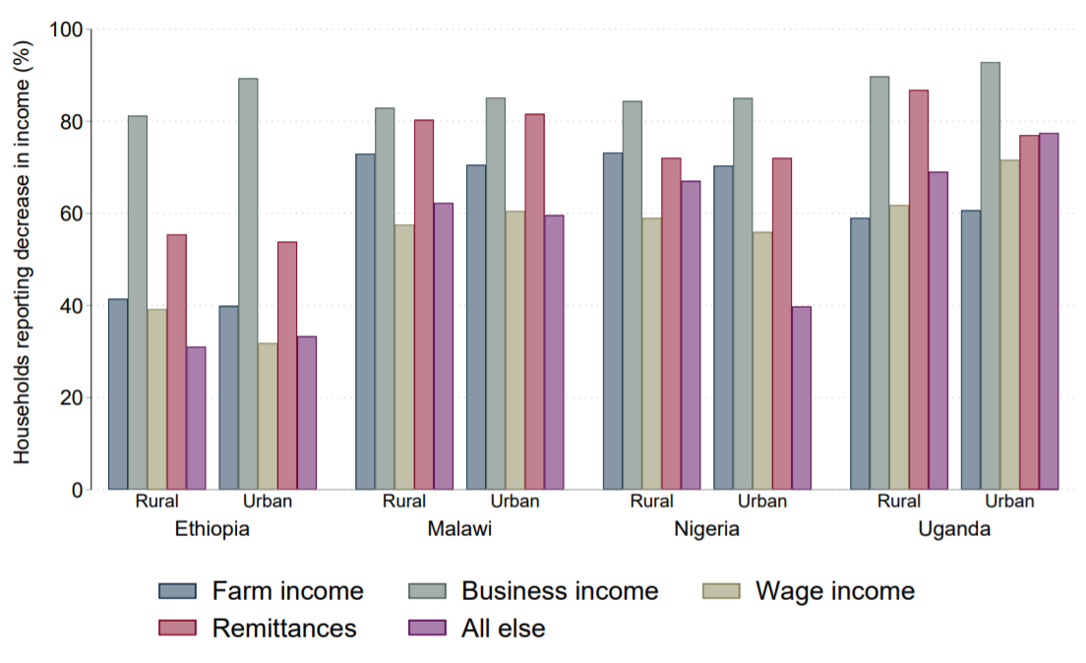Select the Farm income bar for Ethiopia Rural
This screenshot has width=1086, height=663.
(118, 393)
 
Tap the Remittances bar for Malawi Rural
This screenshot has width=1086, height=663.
(424, 304)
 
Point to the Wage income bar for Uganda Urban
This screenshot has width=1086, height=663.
(1009, 325)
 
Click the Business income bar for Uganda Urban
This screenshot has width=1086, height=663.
(990, 275)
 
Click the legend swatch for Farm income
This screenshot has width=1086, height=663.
(177, 591)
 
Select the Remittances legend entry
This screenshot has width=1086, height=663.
(283, 629)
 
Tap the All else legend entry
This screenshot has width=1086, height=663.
(502, 629)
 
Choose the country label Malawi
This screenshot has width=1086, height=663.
(459, 529)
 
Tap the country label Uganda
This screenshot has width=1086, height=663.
(954, 529)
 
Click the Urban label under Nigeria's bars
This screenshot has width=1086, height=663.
(761, 502)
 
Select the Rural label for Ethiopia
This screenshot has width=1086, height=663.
(157, 502)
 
